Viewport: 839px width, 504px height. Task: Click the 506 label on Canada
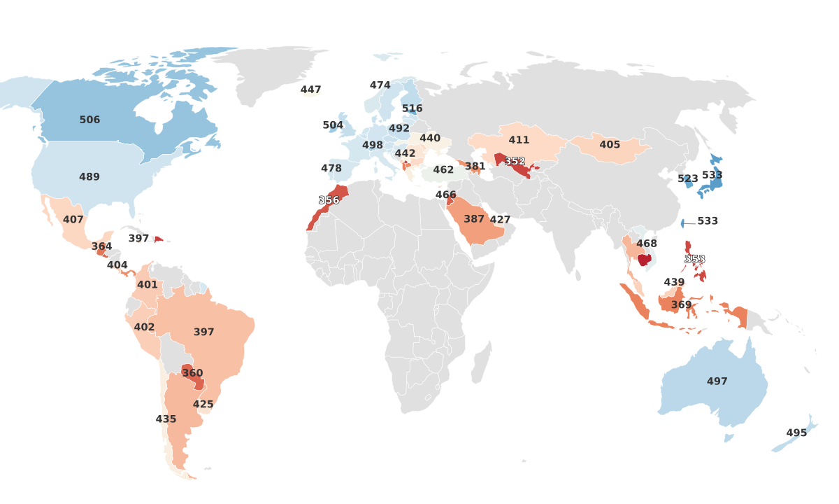[x=89, y=120]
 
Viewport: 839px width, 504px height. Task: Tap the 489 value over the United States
[x=89, y=177]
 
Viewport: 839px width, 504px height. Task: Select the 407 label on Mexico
[x=73, y=219]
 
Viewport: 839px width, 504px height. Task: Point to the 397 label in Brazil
[x=204, y=332]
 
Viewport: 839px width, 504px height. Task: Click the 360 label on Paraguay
[x=192, y=373]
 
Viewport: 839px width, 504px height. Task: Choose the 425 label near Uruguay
[x=203, y=404]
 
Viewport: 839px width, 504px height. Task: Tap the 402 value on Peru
[x=144, y=327]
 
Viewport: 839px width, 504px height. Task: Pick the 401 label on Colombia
[x=148, y=285]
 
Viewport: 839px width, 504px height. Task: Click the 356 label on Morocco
[x=329, y=200]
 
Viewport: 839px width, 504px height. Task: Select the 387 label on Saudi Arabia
[x=474, y=219]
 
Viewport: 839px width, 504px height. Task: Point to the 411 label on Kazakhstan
[x=519, y=140]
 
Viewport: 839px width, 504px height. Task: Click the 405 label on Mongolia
[x=610, y=144]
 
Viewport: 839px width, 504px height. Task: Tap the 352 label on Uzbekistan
[x=515, y=161]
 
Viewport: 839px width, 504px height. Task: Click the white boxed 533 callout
[x=708, y=221]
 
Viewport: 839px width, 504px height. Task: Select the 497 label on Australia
[x=717, y=381]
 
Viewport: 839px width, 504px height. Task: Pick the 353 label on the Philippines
[x=694, y=259]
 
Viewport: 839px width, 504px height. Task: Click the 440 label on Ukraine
[x=430, y=138]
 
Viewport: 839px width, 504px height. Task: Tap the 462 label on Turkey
[x=443, y=169]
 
